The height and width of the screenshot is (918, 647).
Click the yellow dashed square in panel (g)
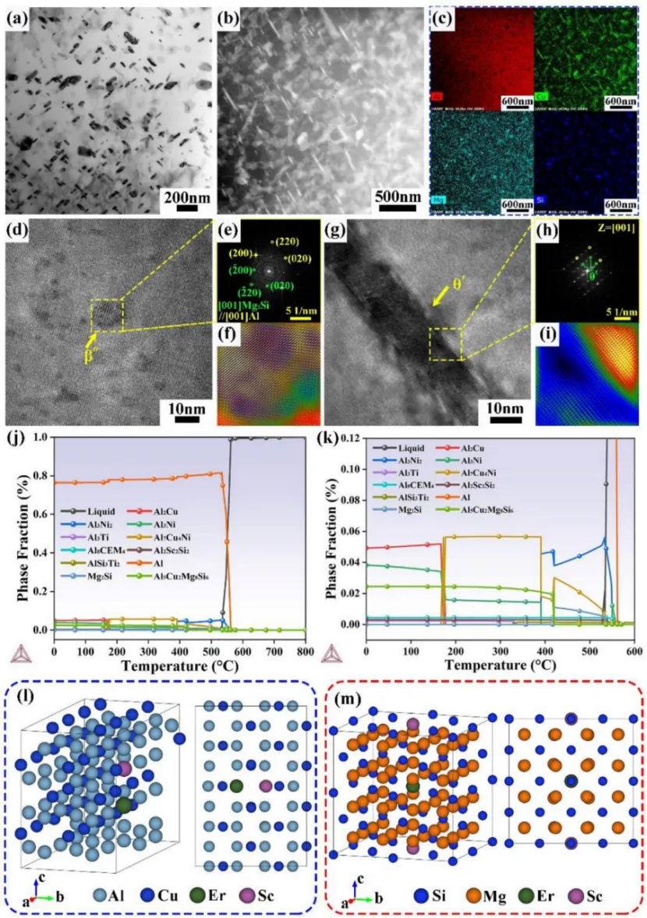(x=446, y=344)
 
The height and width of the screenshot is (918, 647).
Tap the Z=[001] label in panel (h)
(x=612, y=228)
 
